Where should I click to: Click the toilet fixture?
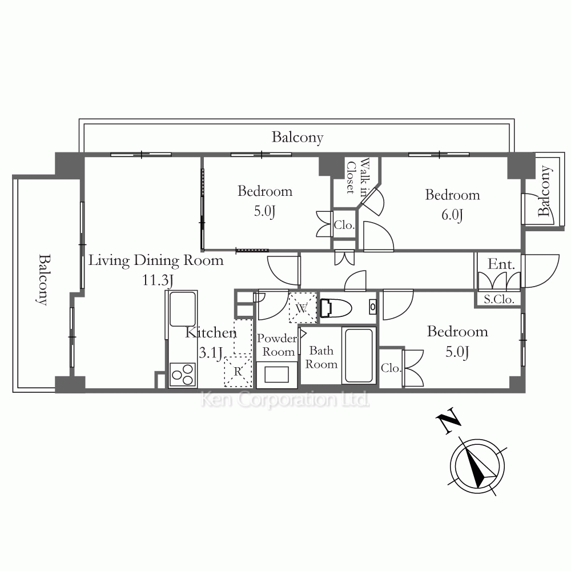335,308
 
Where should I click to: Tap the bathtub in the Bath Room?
359,355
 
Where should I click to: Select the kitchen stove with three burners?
182,375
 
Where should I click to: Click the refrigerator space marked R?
238,372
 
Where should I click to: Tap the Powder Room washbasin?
277,374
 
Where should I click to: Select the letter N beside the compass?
449,421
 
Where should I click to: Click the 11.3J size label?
158,280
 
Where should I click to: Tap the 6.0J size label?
452,215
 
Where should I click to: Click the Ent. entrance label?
501,264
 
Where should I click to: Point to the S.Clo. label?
499,299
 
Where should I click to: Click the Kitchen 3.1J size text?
211,352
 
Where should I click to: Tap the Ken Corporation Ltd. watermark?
285,400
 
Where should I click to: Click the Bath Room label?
321,357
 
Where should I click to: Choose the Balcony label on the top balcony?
297,138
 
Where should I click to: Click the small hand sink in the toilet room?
372,307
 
